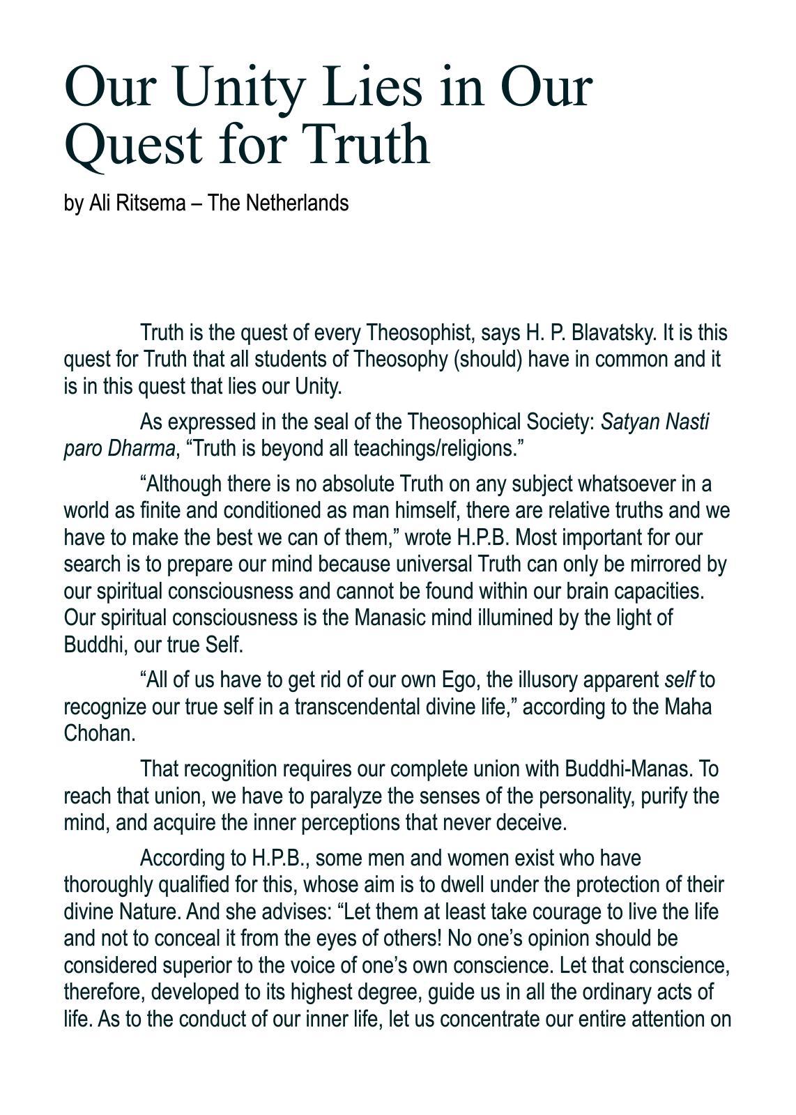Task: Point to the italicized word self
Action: (680, 679)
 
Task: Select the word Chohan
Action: (99, 733)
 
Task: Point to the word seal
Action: (322, 422)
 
